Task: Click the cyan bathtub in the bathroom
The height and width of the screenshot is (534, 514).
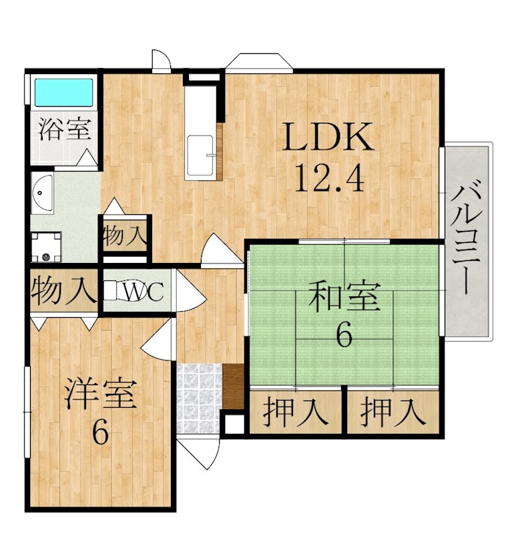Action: [x=63, y=93]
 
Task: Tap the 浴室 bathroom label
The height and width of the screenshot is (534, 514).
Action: [x=65, y=129]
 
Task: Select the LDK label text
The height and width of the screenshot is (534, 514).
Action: [x=328, y=138]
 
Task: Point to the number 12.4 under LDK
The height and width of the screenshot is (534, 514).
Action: [x=328, y=177]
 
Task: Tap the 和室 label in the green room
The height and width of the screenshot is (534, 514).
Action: [x=344, y=295]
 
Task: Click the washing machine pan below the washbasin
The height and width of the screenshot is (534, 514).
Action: [x=46, y=247]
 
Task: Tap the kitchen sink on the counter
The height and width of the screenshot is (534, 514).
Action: [x=201, y=156]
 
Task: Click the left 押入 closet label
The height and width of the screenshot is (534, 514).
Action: [x=296, y=412]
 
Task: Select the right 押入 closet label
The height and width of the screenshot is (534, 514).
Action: [x=393, y=412]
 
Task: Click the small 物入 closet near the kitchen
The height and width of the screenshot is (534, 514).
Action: [x=125, y=235]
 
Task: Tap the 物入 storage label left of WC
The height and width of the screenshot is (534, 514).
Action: [x=63, y=291]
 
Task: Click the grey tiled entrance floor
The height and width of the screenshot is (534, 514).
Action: [x=199, y=398]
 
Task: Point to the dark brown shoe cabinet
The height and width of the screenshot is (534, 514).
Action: [x=234, y=386]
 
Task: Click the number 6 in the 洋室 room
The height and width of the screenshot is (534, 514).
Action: [x=101, y=433]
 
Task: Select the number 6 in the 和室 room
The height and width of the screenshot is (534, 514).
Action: [x=344, y=335]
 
